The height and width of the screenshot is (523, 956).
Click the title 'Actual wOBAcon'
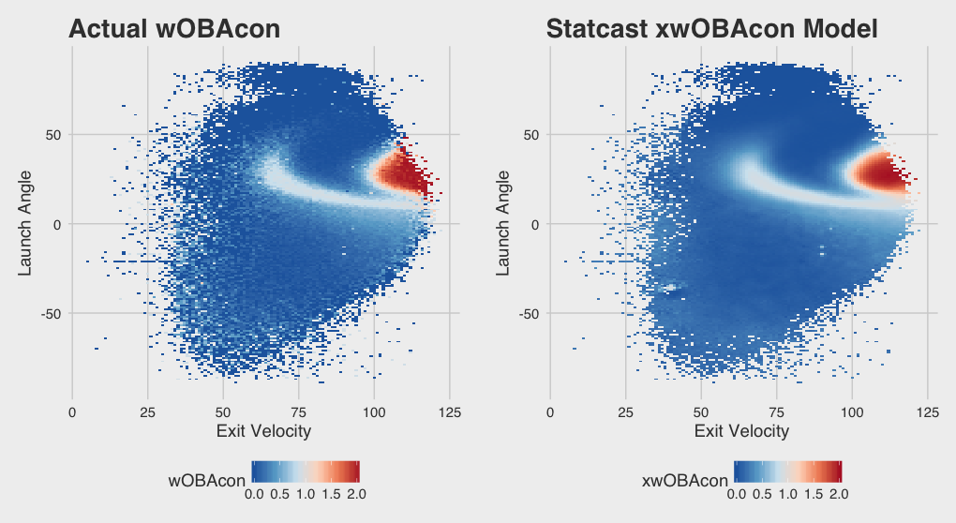click(174, 29)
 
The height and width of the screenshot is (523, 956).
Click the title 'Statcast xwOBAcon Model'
click(711, 29)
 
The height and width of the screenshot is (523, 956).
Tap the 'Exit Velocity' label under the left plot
click(263, 431)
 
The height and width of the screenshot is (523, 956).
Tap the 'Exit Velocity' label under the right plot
click(741, 431)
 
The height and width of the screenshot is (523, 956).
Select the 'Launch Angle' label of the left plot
click(27, 223)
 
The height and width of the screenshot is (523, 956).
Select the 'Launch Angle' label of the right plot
click(504, 223)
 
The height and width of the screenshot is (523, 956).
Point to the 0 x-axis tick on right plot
click(550, 411)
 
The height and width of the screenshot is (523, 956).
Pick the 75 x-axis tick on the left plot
click(299, 411)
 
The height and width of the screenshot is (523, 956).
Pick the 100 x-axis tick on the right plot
click(852, 411)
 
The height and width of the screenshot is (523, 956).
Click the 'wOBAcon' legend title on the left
click(205, 481)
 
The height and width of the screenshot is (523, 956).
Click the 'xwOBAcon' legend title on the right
click(685, 481)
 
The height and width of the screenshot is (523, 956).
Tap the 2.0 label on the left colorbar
click(356, 493)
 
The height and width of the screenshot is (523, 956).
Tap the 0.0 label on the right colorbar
click(736, 493)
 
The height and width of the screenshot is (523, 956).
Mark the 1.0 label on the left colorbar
click(306, 493)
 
